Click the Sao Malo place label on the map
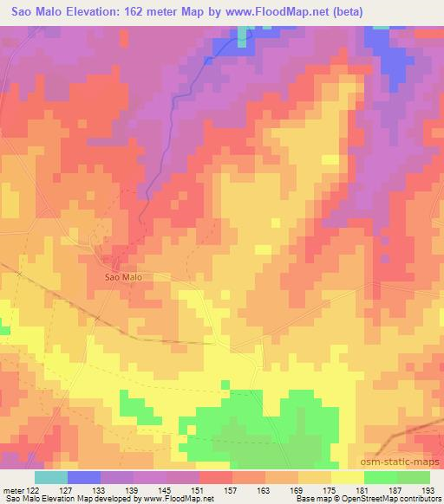[122, 277]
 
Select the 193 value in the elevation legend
[427, 490]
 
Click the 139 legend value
[132, 490]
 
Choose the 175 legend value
[328, 490]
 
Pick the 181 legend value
[361, 490]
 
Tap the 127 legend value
[67, 490]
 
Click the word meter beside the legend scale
[14, 490]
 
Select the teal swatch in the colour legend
[51, 477]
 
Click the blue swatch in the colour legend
[84, 477]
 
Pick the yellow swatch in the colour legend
[348, 477]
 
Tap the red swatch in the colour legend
[216, 477]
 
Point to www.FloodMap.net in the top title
[274, 12]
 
